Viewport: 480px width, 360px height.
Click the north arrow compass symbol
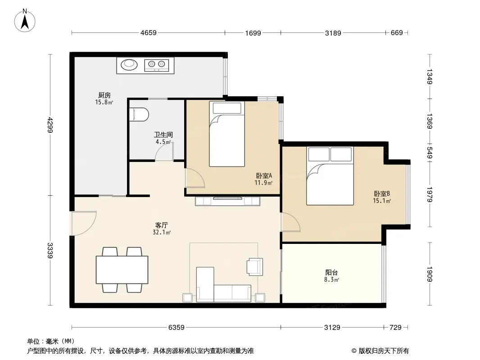pyautogui.click(x=25, y=21)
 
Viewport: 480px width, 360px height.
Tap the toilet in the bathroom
pyautogui.click(x=139, y=114)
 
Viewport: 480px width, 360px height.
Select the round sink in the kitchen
pyautogui.click(x=129, y=64)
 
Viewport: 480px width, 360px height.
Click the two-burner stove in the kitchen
pyautogui.click(x=156, y=65)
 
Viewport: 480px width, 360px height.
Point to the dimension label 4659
pyautogui.click(x=149, y=33)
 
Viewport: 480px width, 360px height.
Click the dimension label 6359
pyautogui.click(x=177, y=328)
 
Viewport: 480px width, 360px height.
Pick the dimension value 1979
pyautogui.click(x=430, y=195)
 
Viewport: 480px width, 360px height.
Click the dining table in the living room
pyautogui.click(x=122, y=270)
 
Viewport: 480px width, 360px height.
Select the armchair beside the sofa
pyautogui.click(x=255, y=267)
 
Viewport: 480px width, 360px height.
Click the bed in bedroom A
pyautogui.click(x=227, y=134)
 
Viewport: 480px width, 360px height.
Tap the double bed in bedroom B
pyautogui.click(x=330, y=176)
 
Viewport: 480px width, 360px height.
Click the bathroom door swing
pyautogui.click(x=164, y=151)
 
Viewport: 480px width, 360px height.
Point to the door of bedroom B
pyautogui.click(x=291, y=222)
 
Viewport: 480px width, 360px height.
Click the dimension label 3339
pyautogui.click(x=50, y=251)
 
